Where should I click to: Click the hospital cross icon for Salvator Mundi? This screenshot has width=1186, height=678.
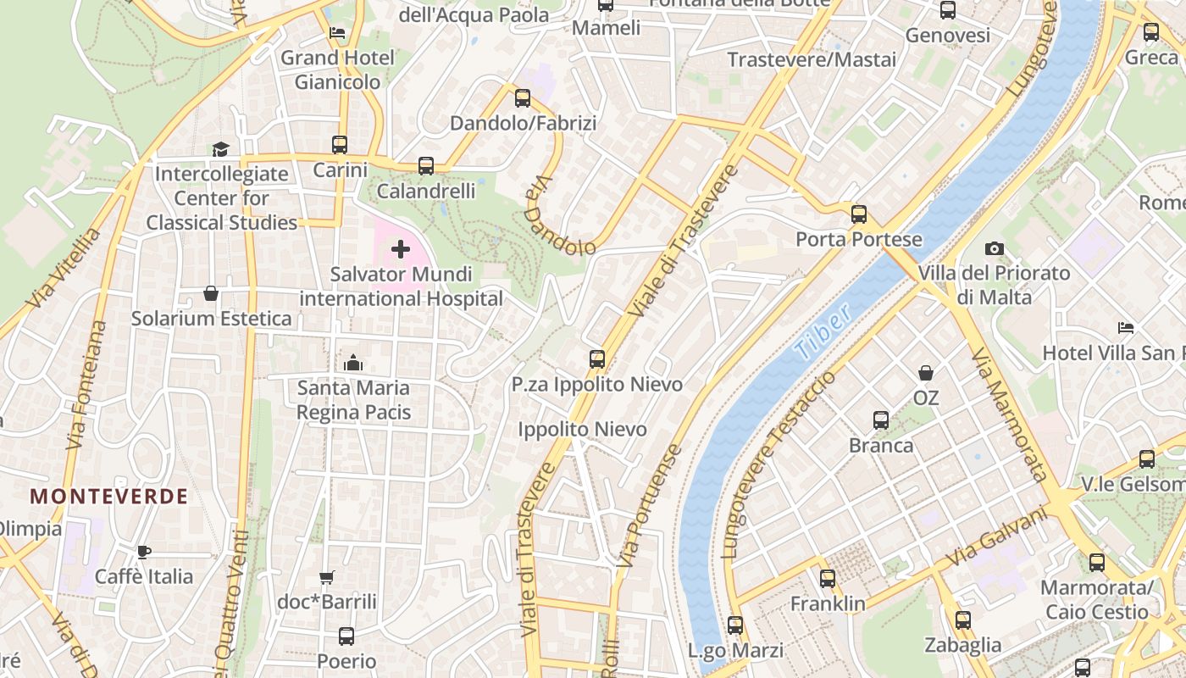[401, 249]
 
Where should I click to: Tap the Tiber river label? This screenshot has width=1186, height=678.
[823, 335]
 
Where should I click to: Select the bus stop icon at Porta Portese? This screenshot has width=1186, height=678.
[859, 214]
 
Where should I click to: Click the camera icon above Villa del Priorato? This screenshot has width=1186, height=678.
[995, 248]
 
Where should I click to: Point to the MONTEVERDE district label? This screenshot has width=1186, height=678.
[109, 497]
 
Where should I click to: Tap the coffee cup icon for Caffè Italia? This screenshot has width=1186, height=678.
[144, 552]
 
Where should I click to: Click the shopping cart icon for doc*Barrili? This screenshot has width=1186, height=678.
[327, 577]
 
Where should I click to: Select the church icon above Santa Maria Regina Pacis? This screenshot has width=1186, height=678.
[354, 364]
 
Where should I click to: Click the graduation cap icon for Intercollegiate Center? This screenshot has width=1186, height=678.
[220, 149]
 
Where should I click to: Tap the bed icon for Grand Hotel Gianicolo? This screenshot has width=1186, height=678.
[337, 33]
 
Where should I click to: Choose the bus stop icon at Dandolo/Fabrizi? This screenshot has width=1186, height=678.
[523, 97]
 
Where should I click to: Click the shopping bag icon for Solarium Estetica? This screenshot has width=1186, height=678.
[211, 293]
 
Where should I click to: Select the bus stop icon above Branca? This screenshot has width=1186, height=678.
[881, 420]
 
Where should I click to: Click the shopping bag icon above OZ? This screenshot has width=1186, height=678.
[926, 372]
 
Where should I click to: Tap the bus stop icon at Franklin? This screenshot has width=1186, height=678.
[828, 579]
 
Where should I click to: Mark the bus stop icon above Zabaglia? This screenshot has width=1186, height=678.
[962, 620]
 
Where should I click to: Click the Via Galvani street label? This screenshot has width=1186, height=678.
[997, 538]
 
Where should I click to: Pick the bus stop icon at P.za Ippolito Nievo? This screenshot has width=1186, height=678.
[597, 358]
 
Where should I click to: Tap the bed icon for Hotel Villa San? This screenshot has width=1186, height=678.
[1126, 327]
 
